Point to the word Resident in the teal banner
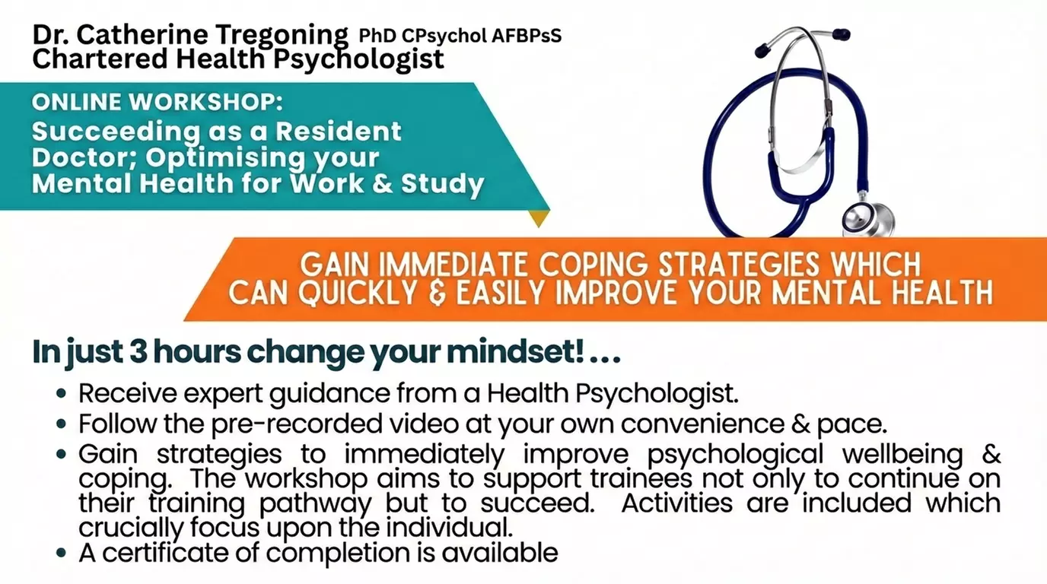[x=339, y=131]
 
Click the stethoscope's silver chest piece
[x=869, y=219]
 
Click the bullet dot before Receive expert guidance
[x=62, y=395]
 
